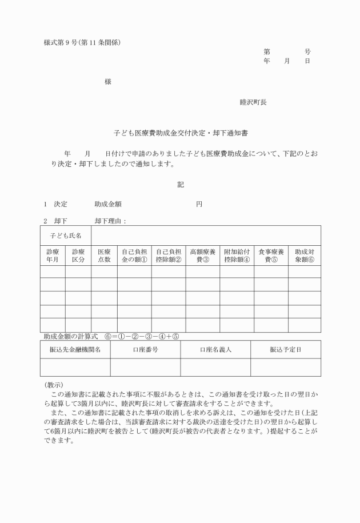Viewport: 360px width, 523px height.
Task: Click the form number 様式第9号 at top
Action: pos(63,42)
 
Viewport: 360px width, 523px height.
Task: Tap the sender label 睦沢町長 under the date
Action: pos(253,102)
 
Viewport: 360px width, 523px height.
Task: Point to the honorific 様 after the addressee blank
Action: pos(107,82)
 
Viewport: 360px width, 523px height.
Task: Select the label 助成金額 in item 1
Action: pos(108,204)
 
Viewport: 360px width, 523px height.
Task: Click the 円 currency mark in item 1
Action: pos(199,204)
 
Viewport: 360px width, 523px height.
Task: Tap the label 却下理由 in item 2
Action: pos(110,221)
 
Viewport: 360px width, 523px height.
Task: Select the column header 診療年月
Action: pos(53,255)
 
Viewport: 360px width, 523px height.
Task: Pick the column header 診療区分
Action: pos(78,255)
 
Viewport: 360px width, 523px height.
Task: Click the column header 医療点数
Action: pos(104,255)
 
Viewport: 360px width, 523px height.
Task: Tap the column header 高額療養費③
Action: pos(202,255)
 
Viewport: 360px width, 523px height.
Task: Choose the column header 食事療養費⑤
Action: pos(271,255)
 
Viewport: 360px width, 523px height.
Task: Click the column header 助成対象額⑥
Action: pos(305,255)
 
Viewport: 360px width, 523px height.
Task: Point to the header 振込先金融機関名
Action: pos(75,350)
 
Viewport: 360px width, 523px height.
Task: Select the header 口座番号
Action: pos(145,350)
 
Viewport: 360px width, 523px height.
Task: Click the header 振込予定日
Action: pos(286,350)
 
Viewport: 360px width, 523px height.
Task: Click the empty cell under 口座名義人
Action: pos(215,368)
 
